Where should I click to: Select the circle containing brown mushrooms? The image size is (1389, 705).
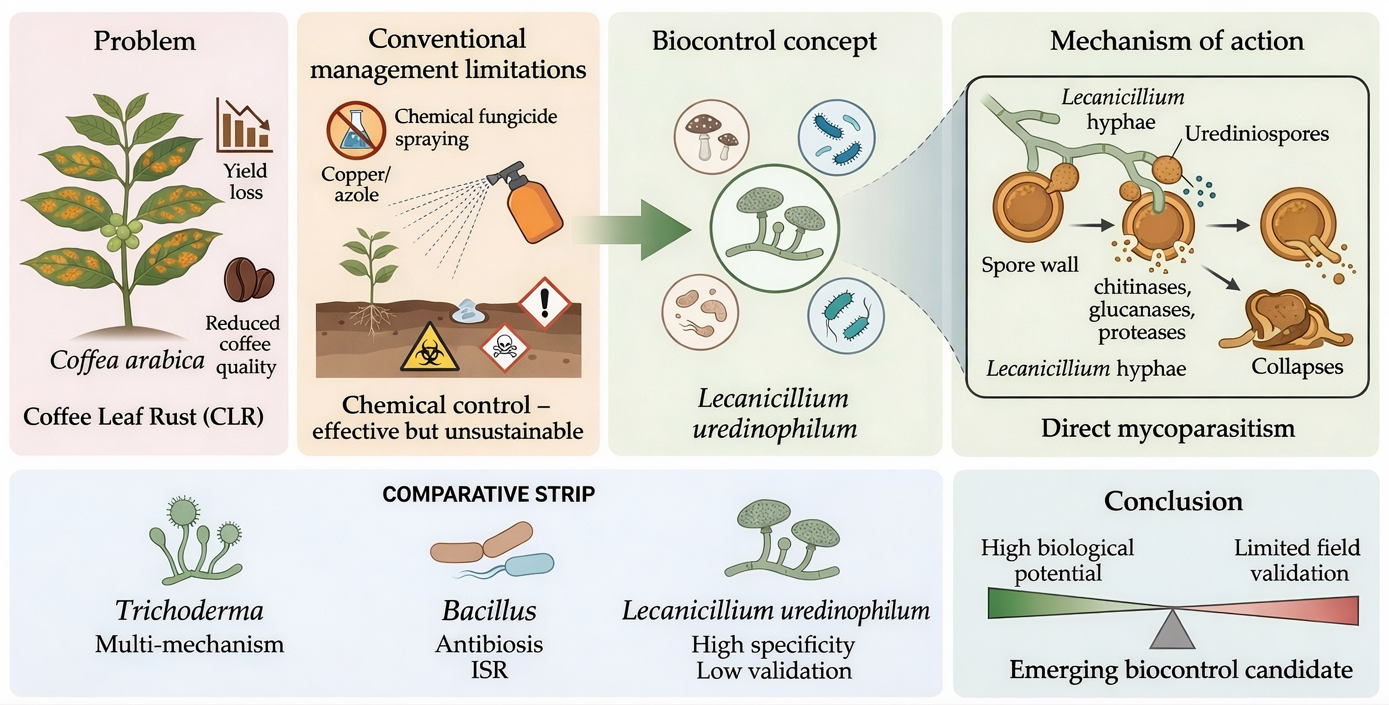711,137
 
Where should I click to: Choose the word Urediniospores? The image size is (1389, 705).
1256,134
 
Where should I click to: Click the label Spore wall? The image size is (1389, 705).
1029,265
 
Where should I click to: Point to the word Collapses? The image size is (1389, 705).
1297,367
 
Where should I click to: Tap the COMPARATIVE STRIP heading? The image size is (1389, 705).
488,494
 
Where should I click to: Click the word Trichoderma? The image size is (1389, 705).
189,610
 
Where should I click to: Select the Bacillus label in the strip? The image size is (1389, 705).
489,610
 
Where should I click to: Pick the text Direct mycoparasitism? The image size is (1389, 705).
1167,428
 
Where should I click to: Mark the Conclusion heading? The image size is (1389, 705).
1173,501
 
